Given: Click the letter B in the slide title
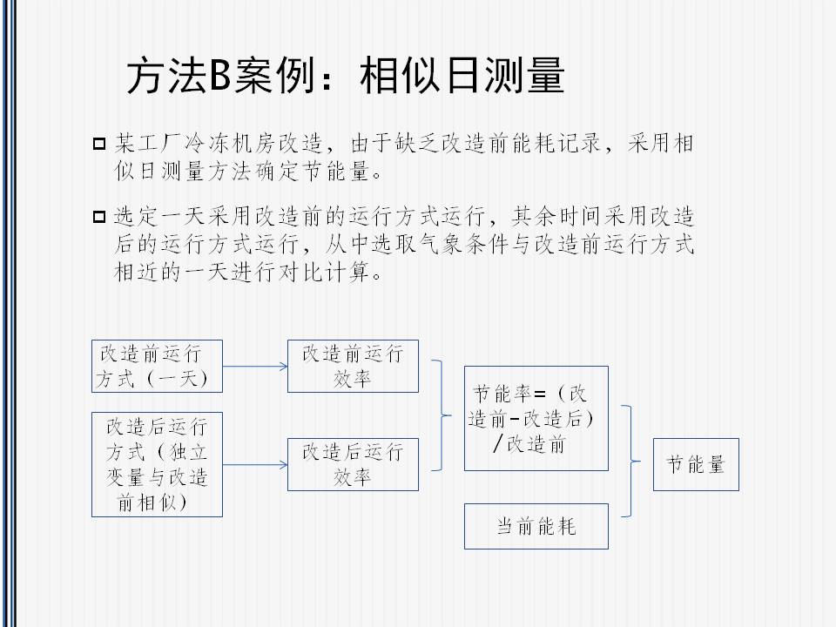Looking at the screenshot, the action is pos(219,75).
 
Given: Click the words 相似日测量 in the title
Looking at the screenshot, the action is pos(462,75).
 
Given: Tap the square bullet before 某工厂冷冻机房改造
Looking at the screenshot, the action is pos(99,144).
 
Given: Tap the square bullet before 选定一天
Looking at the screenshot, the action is pos(99,217).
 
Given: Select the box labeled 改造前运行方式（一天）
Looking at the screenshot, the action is pos(157,367).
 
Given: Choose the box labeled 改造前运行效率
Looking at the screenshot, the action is pos(353,367).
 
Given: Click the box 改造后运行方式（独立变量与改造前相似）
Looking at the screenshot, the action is pos(157,464).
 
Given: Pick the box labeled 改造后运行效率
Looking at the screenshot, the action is pos(353,464).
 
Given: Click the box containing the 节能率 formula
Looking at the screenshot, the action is pos(536,419).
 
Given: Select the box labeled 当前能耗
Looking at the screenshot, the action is pos(536,526).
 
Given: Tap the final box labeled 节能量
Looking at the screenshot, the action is pos(697,464).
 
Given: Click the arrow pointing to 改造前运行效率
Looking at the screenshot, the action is pos(255,367).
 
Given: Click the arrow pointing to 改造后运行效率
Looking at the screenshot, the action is pos(255,465).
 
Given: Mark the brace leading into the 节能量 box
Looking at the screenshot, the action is pos(632,462).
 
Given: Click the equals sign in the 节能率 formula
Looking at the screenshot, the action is pos(540,394).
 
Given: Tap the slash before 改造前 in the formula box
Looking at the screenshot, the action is pos(498,443).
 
